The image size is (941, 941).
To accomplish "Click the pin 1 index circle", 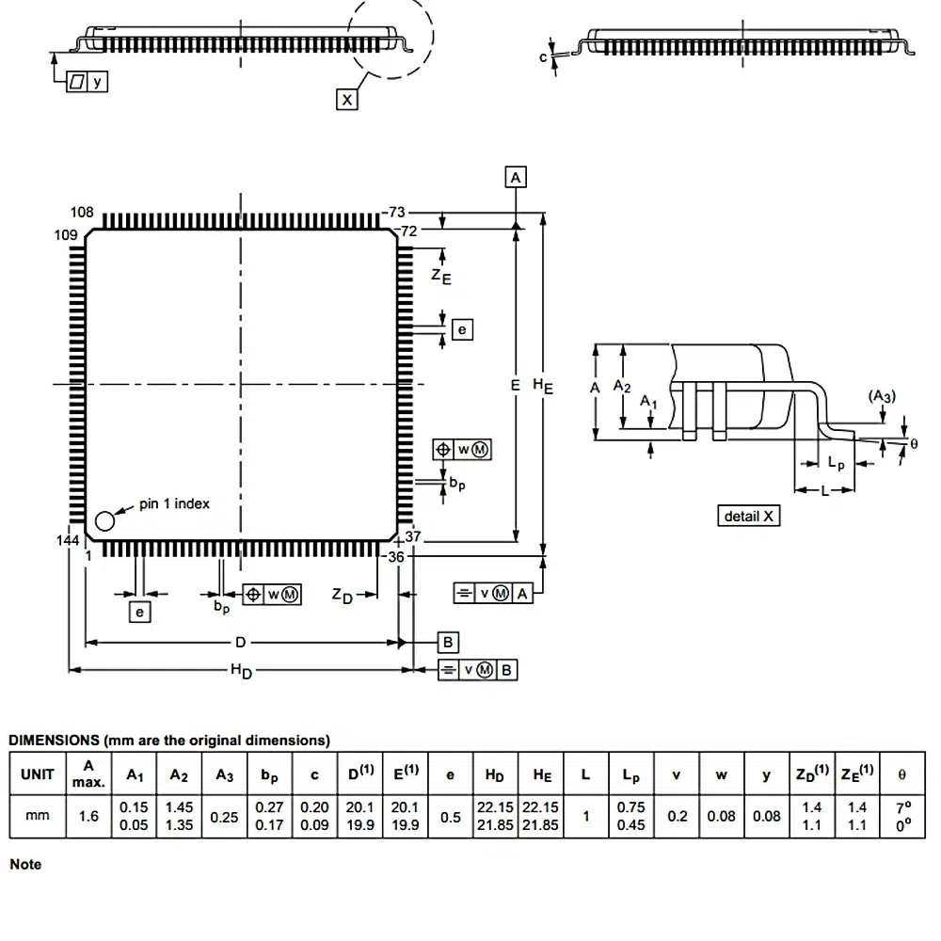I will pyautogui.click(x=106, y=518).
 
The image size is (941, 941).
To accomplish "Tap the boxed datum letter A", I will pyautogui.click(x=516, y=177).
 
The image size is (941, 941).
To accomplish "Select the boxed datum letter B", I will pyautogui.click(x=449, y=643).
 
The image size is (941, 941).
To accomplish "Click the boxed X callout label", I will pyautogui.click(x=347, y=98).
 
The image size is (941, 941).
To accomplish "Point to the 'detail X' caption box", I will pyautogui.click(x=750, y=516).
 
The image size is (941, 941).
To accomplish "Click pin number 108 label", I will pyautogui.click(x=83, y=213).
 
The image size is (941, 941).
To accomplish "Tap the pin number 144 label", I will pyautogui.click(x=68, y=540).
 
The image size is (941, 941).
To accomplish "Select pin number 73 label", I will pyautogui.click(x=397, y=213).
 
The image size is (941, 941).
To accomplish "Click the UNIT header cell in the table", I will pyautogui.click(x=37, y=774).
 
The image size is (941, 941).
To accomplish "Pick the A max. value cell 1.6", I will pyautogui.click(x=88, y=816).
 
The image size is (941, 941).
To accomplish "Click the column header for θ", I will pyautogui.click(x=902, y=774).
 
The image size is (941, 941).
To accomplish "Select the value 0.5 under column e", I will pyautogui.click(x=451, y=816).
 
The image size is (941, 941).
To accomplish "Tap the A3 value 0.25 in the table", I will pyautogui.click(x=224, y=816).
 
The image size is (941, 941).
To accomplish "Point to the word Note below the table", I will pyautogui.click(x=25, y=864).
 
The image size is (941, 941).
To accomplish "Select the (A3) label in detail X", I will pyautogui.click(x=882, y=396).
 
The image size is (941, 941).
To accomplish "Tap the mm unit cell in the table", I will pyautogui.click(x=37, y=816).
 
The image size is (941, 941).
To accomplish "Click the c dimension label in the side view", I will pyautogui.click(x=543, y=56).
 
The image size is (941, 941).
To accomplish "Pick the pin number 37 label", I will pyautogui.click(x=412, y=537).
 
